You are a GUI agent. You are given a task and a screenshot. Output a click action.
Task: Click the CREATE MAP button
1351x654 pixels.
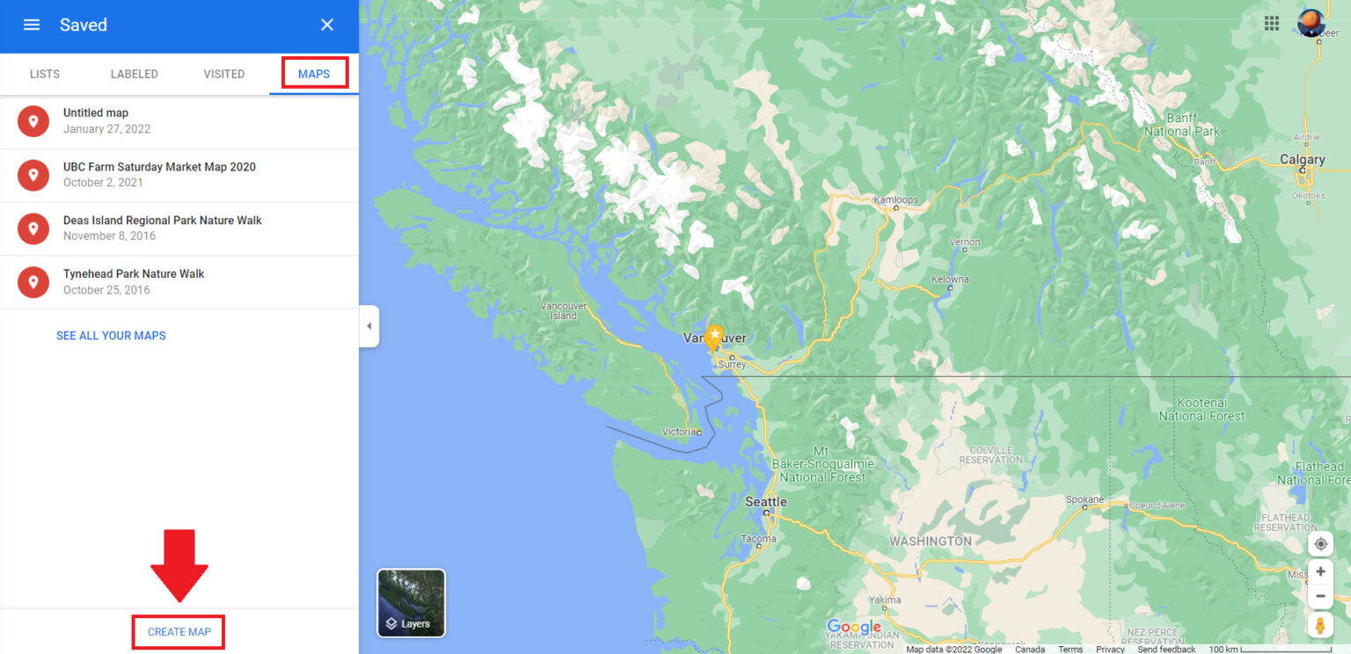179,632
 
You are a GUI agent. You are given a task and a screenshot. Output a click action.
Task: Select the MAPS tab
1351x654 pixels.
314,74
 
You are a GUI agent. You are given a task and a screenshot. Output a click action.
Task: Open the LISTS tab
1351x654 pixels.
45,74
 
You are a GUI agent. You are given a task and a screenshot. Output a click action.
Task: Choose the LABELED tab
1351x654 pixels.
135,74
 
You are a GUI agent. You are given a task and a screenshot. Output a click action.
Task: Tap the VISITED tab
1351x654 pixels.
224,74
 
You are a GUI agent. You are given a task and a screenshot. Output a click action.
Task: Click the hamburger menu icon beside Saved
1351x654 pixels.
32,25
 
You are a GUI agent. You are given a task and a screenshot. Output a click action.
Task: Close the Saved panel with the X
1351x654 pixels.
327,25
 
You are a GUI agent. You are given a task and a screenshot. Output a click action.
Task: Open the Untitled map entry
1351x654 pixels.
96,121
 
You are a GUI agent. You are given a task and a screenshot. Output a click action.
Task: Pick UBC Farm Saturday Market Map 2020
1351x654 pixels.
159,175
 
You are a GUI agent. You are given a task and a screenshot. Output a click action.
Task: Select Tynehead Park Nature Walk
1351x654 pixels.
134,282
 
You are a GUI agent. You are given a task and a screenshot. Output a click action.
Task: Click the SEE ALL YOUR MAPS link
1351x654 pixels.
111,336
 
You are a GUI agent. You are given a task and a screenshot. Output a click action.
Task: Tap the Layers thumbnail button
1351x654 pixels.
411,603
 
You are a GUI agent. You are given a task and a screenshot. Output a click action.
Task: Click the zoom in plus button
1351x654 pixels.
1320,571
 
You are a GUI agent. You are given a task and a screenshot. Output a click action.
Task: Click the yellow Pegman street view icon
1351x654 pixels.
1320,625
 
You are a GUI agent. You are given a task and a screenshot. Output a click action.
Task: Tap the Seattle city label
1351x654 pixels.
766,502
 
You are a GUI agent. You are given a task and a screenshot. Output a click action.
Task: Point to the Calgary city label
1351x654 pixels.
1302,160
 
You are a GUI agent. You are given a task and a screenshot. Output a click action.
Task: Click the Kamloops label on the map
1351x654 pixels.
895,200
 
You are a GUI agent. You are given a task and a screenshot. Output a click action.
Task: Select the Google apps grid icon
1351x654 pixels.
1272,24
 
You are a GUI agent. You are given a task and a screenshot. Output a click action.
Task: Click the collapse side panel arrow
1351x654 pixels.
369,326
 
